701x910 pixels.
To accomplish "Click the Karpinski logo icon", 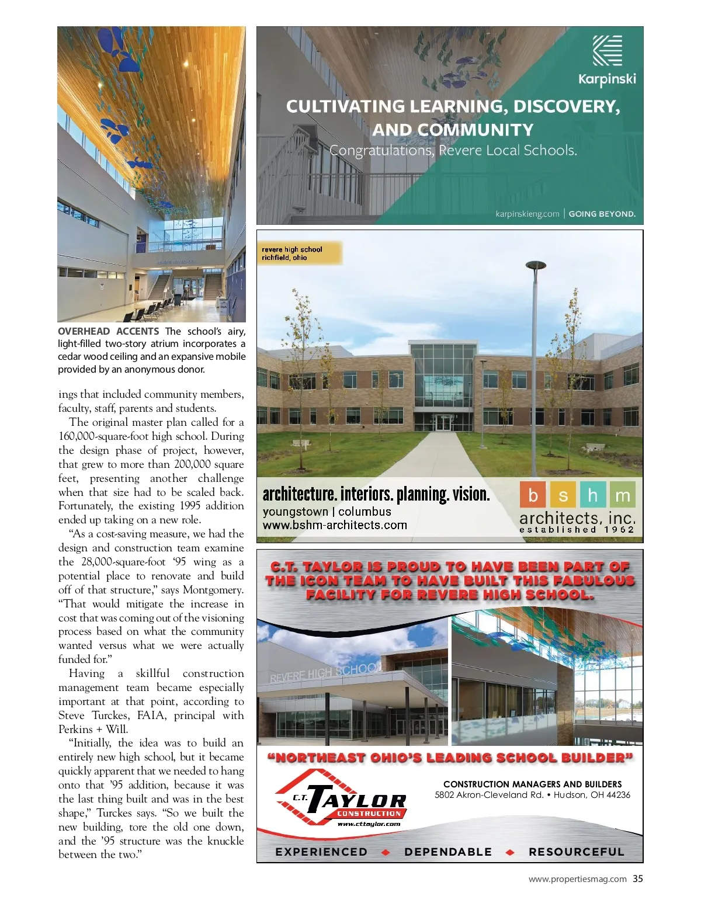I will (607, 50).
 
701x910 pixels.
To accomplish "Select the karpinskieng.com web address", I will (527, 214).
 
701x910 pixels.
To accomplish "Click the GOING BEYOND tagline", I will (602, 214).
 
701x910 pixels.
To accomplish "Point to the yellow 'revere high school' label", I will (299, 253).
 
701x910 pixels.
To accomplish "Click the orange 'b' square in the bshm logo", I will (533, 495).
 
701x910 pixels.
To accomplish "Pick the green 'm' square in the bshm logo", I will (623, 495).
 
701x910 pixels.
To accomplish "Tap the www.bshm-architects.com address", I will (335, 525).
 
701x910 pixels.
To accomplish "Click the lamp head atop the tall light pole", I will (536, 266).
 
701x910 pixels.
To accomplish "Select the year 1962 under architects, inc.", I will (619, 530).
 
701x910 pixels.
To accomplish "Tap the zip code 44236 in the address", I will (617, 795).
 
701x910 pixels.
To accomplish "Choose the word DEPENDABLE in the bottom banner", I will (448, 852).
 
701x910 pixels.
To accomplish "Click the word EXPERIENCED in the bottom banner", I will (321, 852).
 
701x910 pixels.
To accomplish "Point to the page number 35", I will (638, 878).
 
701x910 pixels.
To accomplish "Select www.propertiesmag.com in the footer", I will (577, 879).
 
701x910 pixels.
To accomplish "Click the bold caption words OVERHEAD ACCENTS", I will (108, 331).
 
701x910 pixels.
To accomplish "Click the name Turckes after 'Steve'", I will (110, 716).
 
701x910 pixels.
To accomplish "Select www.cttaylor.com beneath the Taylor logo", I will (369, 824).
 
